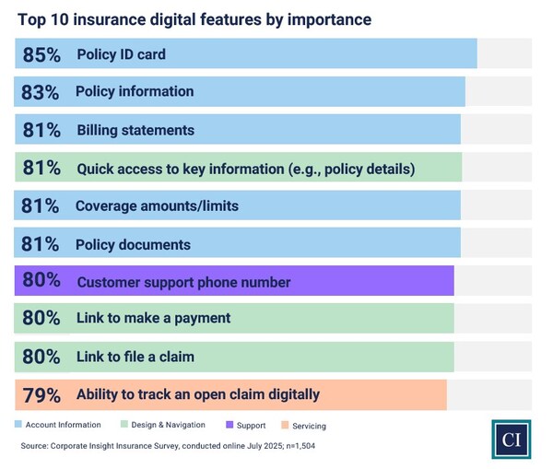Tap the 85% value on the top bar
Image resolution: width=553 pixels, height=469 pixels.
[x=41, y=54]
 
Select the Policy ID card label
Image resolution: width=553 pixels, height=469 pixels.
[x=121, y=54]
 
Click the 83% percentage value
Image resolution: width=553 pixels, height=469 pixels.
[x=41, y=92]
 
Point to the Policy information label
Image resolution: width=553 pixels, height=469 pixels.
[x=135, y=92]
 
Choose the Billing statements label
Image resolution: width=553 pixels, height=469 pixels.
[x=135, y=130]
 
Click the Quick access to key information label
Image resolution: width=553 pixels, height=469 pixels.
[x=245, y=169]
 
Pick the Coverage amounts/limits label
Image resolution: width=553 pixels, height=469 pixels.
[x=157, y=206]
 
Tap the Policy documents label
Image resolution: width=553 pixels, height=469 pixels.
[x=133, y=245]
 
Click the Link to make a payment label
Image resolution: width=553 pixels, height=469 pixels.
[x=153, y=319]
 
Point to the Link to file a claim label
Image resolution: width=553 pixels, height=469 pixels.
[x=135, y=357]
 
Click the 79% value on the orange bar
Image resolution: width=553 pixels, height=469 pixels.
[x=41, y=394]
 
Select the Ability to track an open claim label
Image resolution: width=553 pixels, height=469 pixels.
[x=198, y=394]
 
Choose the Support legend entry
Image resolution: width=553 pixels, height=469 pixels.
[x=245, y=425]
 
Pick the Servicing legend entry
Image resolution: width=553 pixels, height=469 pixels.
[x=303, y=426]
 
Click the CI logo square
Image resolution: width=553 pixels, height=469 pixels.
[x=512, y=439]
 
